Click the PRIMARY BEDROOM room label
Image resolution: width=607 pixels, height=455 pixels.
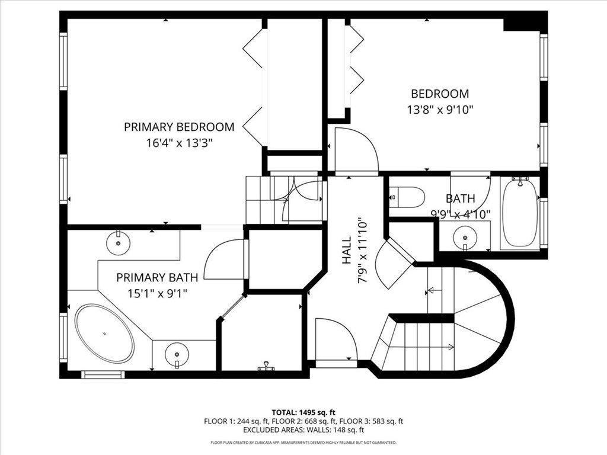tap(178, 127)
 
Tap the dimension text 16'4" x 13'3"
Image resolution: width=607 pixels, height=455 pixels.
tap(178, 143)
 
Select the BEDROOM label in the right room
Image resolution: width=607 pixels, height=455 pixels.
tap(440, 94)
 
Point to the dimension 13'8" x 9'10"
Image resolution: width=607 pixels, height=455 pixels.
tap(440, 110)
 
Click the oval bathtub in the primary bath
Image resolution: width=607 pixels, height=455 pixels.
tap(104, 333)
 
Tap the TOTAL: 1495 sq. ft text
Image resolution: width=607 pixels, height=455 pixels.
tap(303, 412)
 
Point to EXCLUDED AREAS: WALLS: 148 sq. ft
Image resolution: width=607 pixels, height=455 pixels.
tap(303, 430)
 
